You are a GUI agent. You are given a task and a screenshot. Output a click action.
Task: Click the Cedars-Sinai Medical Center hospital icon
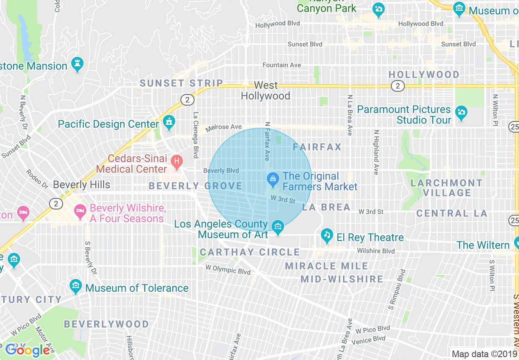177,162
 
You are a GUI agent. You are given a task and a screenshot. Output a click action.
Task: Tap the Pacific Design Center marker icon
169,122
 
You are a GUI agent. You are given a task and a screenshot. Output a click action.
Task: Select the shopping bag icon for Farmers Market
273,179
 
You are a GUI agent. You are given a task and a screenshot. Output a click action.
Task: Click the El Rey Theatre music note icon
326,235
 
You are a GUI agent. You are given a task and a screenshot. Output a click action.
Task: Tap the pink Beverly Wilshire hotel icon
80,211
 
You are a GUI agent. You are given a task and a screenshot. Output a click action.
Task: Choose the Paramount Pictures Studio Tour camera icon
461,112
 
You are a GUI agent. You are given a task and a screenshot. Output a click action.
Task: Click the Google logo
27,350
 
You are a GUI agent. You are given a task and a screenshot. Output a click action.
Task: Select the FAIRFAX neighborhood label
317,147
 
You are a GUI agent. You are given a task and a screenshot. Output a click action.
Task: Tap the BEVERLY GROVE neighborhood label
196,186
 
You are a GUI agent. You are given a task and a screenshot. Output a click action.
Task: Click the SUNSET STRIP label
181,83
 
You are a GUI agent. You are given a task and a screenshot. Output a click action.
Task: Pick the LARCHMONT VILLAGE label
447,188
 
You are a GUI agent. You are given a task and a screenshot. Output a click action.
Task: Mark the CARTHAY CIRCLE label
250,252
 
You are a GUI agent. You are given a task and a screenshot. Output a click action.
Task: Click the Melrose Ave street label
223,127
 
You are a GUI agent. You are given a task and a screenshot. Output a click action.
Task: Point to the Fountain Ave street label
282,65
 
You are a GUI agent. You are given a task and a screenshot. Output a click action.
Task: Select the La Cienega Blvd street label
196,135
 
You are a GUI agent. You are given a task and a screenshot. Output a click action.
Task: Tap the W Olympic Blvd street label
228,270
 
